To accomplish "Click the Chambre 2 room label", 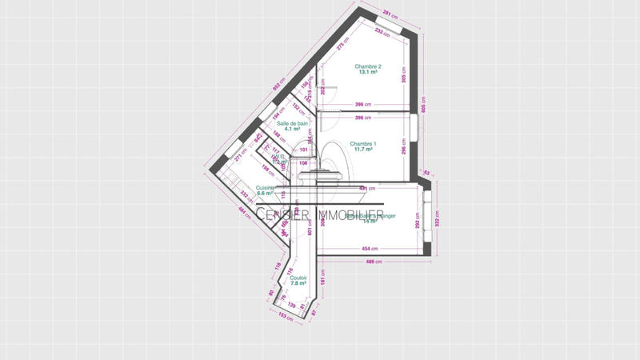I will click(x=368, y=66).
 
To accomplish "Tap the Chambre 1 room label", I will click(x=363, y=144).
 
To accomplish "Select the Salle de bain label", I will click(x=292, y=124).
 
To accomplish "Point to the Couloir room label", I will click(x=298, y=278).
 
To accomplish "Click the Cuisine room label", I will click(x=265, y=188).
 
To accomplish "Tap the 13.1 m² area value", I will click(x=368, y=73).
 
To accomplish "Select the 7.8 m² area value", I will click(x=298, y=284).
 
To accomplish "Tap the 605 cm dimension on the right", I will click(x=425, y=103).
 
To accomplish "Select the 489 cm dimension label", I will click(x=372, y=262).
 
